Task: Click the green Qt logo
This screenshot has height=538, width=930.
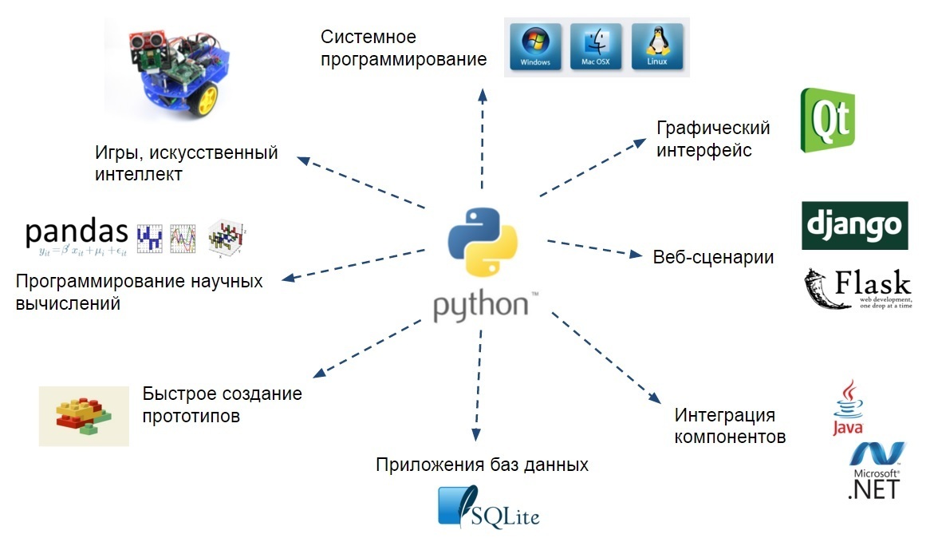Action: pos(827,120)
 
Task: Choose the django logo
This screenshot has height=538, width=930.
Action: pos(854,225)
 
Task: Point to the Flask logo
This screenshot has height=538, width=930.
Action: pos(858,289)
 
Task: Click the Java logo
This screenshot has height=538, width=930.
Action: pos(848,408)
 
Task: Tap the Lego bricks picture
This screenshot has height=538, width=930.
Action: pos(84,416)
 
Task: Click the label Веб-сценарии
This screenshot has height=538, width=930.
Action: pos(713,257)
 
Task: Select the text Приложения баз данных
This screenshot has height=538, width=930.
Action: pos(482,465)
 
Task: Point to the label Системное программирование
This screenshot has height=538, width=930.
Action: pos(404,48)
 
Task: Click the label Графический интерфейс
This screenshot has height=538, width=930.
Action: pos(712,139)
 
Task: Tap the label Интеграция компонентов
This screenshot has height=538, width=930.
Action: pos(730,426)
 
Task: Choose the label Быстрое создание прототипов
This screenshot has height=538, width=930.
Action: pos(222,405)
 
